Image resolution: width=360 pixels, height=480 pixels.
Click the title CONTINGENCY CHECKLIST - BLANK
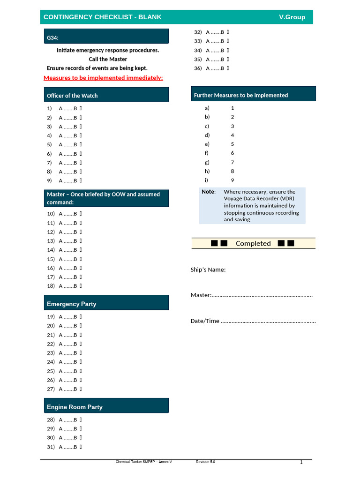pos(102,17)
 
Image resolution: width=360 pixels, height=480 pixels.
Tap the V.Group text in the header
pos(292,17)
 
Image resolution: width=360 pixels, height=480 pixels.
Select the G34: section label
pos(52,37)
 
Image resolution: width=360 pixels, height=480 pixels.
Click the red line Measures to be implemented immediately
pos(103,78)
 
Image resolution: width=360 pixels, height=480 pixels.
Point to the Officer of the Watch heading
pos(72,96)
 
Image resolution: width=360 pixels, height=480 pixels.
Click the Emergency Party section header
pos(71,304)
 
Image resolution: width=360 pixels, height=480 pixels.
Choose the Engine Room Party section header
pos(75,407)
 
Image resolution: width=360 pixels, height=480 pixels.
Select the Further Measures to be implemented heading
pos(240,95)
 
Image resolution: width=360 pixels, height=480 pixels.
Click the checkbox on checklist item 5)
pos(81,145)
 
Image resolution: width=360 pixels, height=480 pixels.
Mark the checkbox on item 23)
pos(81,353)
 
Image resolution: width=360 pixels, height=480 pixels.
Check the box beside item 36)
pos(228,68)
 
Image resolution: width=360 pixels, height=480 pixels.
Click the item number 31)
pos(51,447)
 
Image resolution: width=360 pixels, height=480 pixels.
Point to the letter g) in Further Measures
pos(207,162)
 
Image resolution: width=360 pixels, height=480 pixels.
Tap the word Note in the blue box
pos(208,192)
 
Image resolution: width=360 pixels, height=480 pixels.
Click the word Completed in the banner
pos(253,243)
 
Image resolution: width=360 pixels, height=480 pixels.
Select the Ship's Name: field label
pos(208,270)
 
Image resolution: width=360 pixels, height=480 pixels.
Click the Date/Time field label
pos(205,321)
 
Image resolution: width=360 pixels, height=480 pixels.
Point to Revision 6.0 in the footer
pos(205,462)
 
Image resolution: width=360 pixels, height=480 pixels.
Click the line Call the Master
pos(108,59)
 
